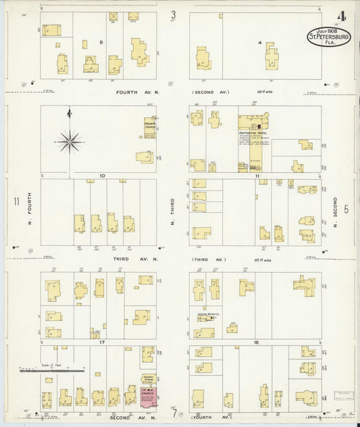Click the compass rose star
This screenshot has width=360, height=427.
pos(70,141)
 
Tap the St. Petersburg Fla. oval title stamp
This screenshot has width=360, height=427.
pos(329,37)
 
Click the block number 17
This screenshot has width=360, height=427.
pos(101,343)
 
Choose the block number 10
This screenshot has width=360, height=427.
pos(101,176)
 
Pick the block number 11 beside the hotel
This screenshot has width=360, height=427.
pos(257,176)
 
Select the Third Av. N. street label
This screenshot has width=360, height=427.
pos(136,259)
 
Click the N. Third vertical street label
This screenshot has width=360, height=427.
pos(173,211)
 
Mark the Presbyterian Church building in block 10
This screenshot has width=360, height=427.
pos(149,127)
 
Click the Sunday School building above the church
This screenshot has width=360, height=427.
pos(148,380)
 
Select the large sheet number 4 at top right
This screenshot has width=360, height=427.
pos(342,16)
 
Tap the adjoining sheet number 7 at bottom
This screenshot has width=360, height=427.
pos(174,413)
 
